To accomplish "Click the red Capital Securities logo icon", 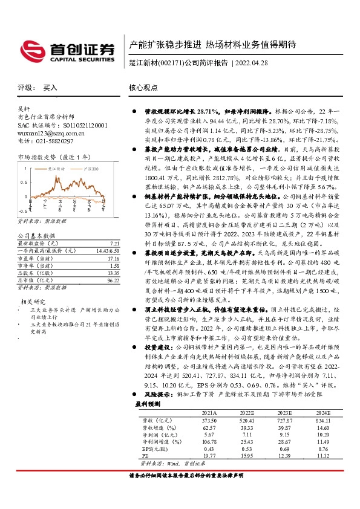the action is click(x=33, y=49).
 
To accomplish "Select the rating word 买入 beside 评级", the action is click(x=50, y=88).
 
